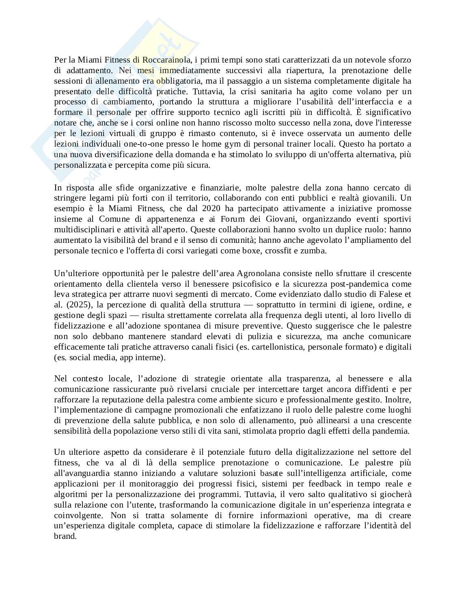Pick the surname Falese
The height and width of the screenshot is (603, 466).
386,294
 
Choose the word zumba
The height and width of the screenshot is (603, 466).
313,251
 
